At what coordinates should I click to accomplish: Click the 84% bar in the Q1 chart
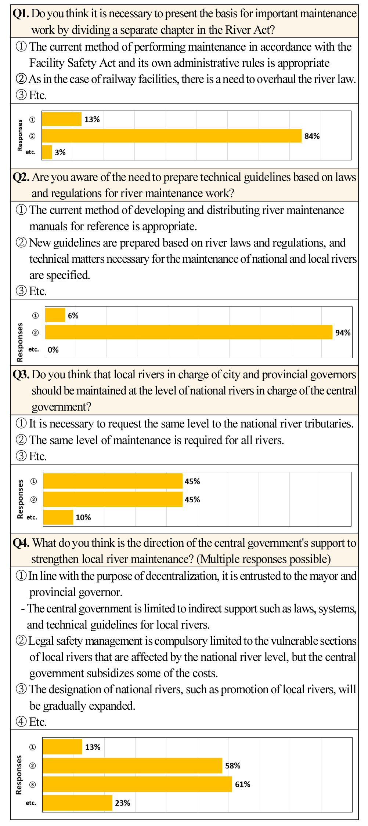pyautogui.click(x=172, y=136)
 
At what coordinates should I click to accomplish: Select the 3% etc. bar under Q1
pyautogui.click(x=47, y=152)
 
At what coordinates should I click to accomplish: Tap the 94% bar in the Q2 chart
pyautogui.click(x=188, y=332)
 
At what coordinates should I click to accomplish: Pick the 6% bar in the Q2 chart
pyautogui.click(x=55, y=315)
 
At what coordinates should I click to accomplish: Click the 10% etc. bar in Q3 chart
pyautogui.click(x=58, y=517)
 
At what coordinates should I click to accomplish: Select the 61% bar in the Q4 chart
pyautogui.click(x=137, y=784)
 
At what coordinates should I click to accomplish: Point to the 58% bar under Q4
pyautogui.click(x=132, y=765)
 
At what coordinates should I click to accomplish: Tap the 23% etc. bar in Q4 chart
pyautogui.click(x=77, y=803)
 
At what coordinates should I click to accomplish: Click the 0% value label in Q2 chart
pyautogui.click(x=53, y=350)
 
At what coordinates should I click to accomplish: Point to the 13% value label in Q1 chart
pyautogui.click(x=92, y=119)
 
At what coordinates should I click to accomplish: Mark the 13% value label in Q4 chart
pyautogui.click(x=93, y=747)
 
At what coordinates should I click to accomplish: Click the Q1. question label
pyautogui.click(x=21, y=14)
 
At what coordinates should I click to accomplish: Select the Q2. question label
pyautogui.click(x=21, y=177)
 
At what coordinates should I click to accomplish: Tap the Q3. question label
pyautogui.click(x=21, y=374)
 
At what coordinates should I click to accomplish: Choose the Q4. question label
pyautogui.click(x=21, y=543)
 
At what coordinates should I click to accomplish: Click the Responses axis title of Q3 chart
pyautogui.click(x=21, y=499)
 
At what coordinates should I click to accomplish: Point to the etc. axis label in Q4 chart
pyautogui.click(x=31, y=803)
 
